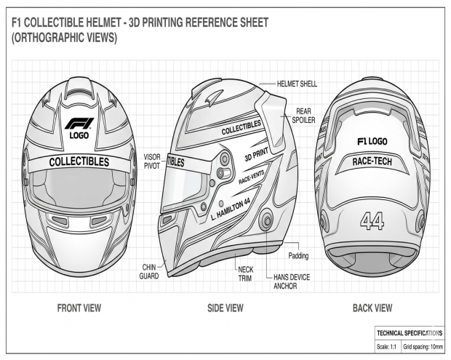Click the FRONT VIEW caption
(79, 308)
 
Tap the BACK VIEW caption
(372, 308)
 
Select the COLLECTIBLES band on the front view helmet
(79, 161)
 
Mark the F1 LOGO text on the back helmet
(372, 141)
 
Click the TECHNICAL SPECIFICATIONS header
(408, 332)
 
